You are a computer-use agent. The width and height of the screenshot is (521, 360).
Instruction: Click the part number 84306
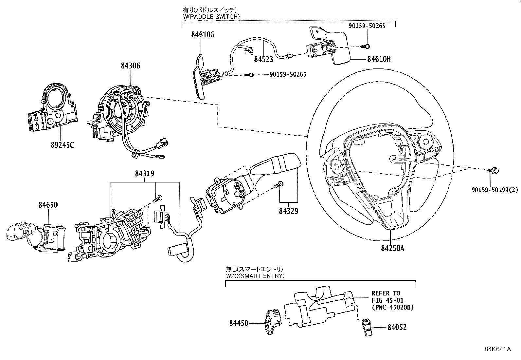(130, 66)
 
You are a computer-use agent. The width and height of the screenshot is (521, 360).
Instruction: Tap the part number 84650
(48, 205)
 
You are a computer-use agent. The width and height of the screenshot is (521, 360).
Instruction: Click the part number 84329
(288, 211)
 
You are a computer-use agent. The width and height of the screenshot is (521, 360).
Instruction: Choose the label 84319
(144, 174)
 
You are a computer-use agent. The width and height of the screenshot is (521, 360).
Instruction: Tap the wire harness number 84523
(263, 60)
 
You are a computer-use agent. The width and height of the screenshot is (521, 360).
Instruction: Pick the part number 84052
(397, 327)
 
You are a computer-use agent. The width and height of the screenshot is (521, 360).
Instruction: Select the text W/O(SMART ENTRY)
(255, 275)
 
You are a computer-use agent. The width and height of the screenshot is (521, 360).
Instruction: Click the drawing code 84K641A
(497, 349)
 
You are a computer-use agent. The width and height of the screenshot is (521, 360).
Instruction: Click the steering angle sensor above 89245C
(54, 108)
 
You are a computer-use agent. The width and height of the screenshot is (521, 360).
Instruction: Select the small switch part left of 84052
(366, 326)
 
